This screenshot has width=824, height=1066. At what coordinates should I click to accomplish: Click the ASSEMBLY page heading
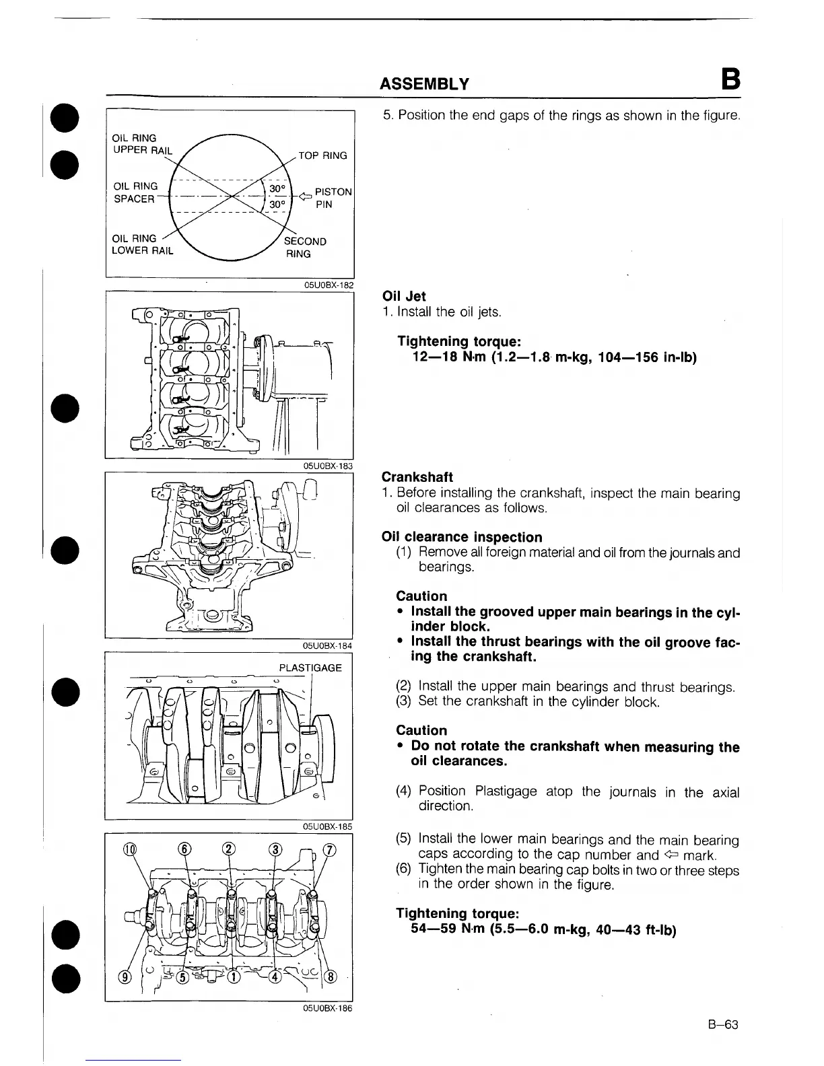[424, 83]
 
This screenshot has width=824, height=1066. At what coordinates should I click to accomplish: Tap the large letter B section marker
[730, 81]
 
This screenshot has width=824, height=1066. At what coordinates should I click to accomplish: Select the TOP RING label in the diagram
[322, 155]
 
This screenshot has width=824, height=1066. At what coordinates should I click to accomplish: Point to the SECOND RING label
[304, 248]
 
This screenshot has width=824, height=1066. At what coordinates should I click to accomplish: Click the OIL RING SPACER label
[135, 192]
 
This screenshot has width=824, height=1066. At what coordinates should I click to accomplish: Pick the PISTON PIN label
[333, 198]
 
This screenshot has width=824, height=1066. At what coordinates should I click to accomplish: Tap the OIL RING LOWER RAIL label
[142, 244]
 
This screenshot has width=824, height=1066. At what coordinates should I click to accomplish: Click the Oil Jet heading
[403, 296]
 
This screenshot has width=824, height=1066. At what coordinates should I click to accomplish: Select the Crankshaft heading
[417, 477]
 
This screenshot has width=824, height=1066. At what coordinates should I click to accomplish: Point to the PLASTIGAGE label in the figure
[310, 668]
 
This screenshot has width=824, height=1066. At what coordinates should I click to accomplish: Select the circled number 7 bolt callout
[329, 849]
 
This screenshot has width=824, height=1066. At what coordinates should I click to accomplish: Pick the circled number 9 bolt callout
[123, 977]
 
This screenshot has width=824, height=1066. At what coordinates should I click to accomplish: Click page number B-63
[723, 1025]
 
